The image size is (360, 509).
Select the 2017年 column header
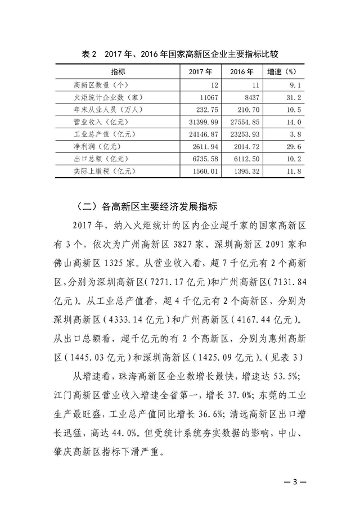[200, 73]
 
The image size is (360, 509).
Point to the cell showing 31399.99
[202, 121]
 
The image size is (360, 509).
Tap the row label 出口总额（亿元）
[97, 158]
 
